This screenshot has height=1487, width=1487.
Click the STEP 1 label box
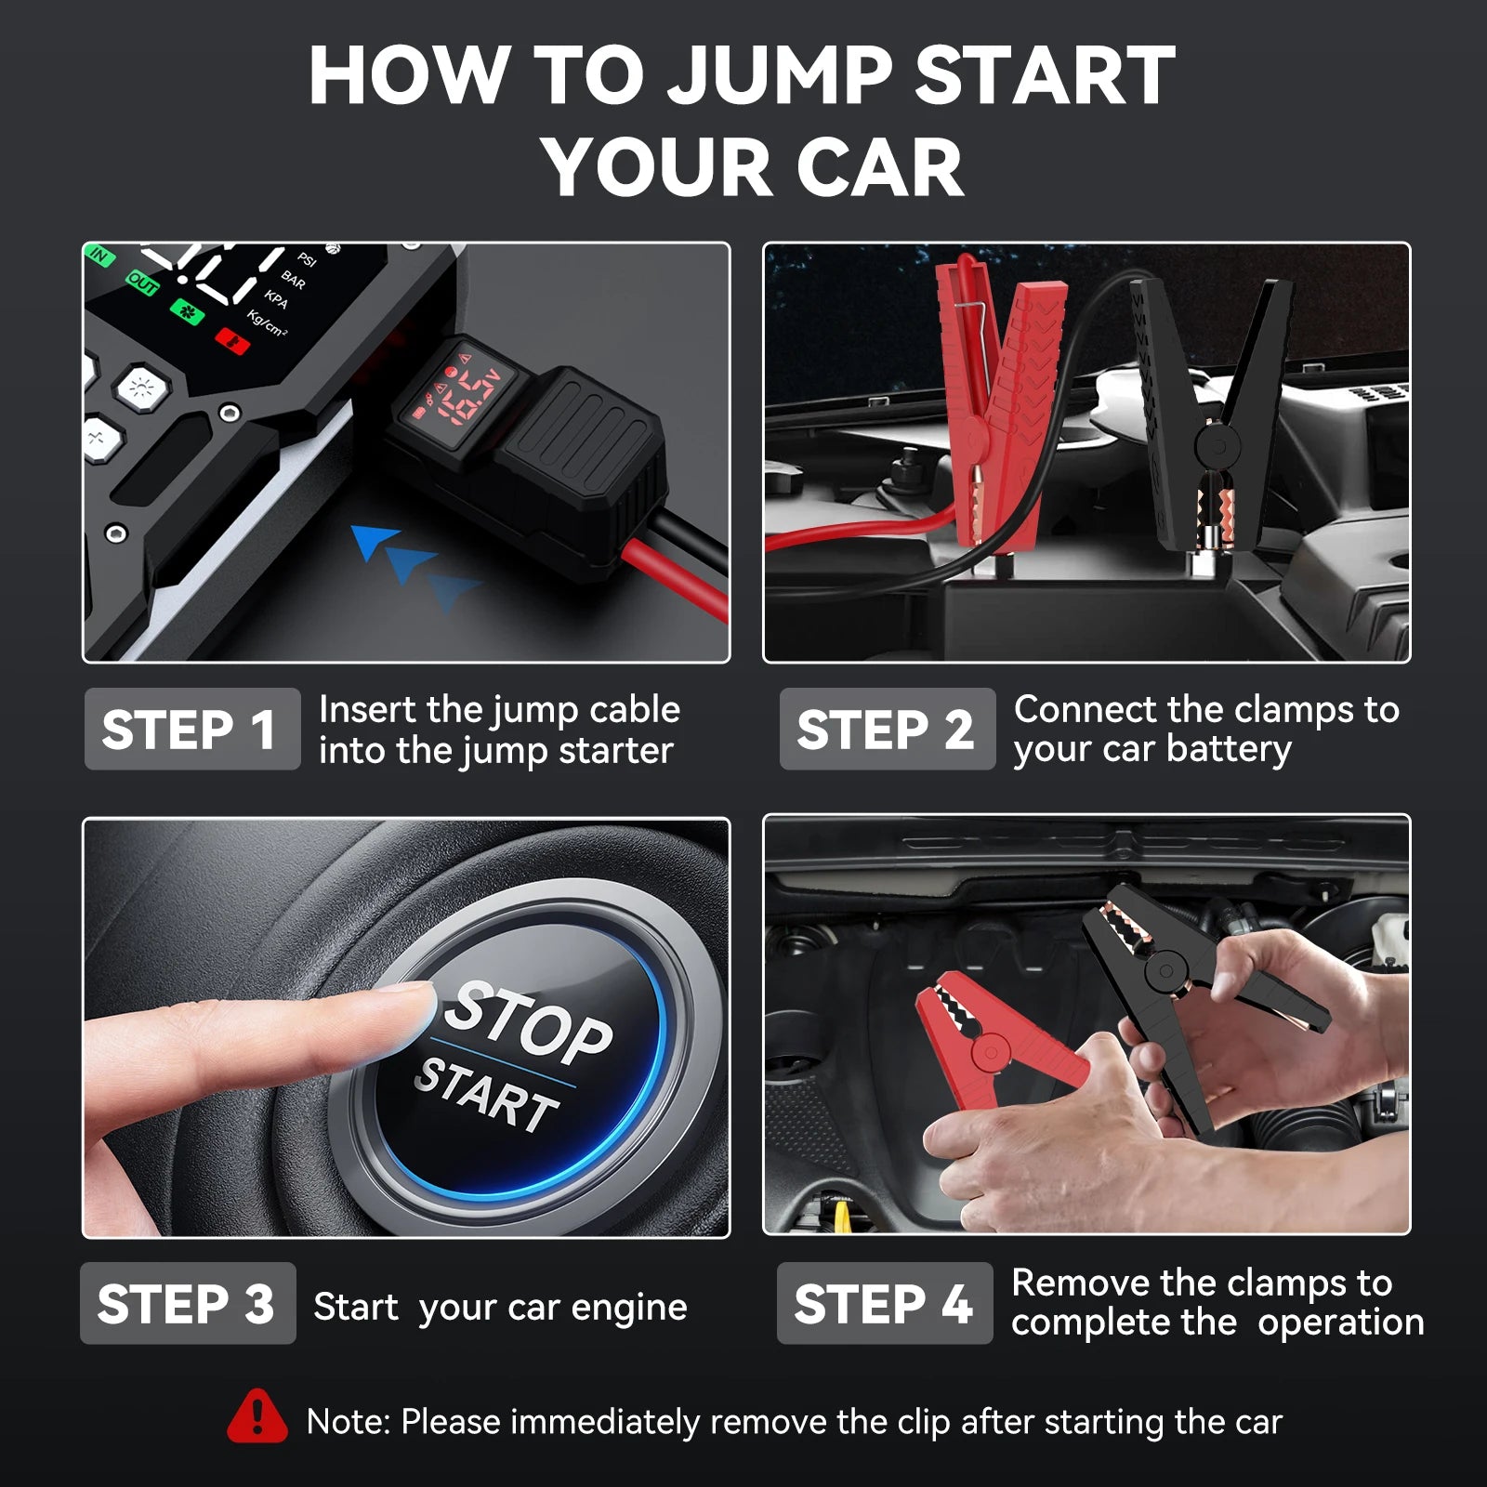click(x=191, y=730)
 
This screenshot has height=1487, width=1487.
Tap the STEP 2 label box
click(x=887, y=730)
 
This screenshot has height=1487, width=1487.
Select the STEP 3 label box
click(x=187, y=1303)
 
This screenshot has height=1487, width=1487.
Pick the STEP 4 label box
click(x=884, y=1303)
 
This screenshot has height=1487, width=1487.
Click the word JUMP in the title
click(x=781, y=76)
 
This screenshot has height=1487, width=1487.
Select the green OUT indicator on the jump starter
click(x=142, y=283)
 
